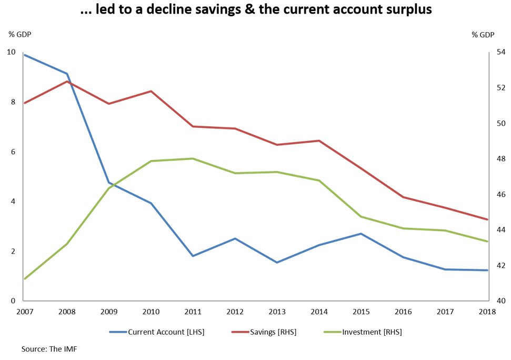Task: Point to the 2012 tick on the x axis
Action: pyautogui.click(x=235, y=312)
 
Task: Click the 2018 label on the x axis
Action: pyautogui.click(x=487, y=312)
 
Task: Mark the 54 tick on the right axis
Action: pyautogui.click(x=501, y=53)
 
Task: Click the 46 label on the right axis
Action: pyautogui.click(x=501, y=195)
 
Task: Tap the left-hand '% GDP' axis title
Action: pyautogui.click(x=19, y=35)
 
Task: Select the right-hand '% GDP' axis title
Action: pyautogui.click(x=483, y=35)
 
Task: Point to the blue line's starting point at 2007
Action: pyautogui.click(x=25, y=55)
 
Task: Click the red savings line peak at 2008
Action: pyautogui.click(x=67, y=82)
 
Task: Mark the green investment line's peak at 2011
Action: pyautogui.click(x=193, y=158)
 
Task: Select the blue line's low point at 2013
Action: pyautogui.click(x=277, y=262)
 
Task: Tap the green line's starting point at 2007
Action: pyautogui.click(x=25, y=278)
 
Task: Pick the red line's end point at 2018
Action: pyautogui.click(x=487, y=219)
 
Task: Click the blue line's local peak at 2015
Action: pyautogui.click(x=361, y=234)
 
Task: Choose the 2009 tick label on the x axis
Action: pyautogui.click(x=109, y=312)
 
